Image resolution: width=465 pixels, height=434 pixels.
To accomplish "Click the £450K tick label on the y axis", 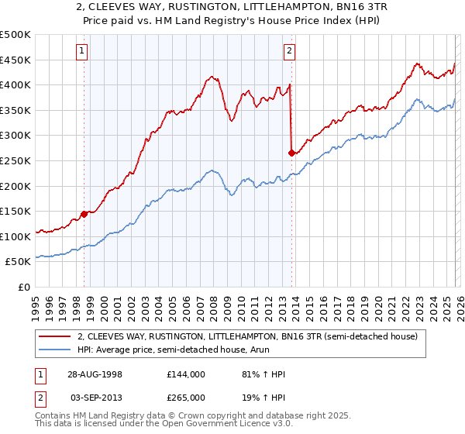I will pyautogui.click(x=15, y=60).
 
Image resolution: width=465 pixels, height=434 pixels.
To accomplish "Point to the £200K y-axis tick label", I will pyautogui.click(x=15, y=186).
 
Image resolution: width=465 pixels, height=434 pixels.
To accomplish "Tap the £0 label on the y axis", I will pyautogui.click(x=24, y=288).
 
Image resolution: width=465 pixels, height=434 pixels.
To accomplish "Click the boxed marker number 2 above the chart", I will pyautogui.click(x=289, y=52).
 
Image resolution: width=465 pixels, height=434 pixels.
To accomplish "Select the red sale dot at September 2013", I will pyautogui.click(x=291, y=153).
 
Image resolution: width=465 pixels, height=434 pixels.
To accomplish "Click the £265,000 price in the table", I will pyautogui.click(x=186, y=397).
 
